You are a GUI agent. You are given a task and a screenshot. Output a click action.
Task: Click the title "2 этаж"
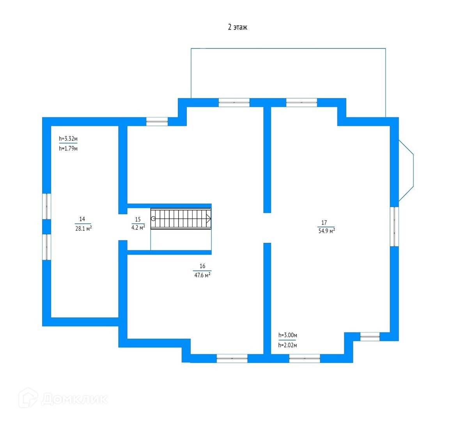click(237, 27)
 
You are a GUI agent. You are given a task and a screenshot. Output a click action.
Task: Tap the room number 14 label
click(82, 219)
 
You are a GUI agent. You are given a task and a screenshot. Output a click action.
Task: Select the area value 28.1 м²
click(83, 229)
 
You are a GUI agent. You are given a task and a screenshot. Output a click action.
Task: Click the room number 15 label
click(138, 219)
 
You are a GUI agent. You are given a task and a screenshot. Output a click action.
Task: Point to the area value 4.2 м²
click(138, 228)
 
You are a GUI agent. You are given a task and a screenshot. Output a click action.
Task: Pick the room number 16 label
click(202, 266)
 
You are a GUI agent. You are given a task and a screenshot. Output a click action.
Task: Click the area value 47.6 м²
click(202, 275)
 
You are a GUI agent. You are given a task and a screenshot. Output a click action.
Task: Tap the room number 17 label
click(324, 223)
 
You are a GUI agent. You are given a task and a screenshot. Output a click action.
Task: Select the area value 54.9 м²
click(326, 231)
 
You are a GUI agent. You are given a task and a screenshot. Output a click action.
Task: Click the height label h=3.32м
click(68, 138)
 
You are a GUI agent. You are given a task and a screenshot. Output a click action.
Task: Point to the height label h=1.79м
click(68, 149)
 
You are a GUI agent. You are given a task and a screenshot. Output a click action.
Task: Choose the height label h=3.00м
click(288, 335)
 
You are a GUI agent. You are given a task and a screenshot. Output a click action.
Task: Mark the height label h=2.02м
click(288, 345)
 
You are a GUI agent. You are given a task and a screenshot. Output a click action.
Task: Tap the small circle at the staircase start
click(153, 219)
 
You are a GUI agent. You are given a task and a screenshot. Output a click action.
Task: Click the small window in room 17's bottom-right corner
click(370, 336)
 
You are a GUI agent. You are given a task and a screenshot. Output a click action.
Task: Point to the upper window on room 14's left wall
click(46, 206)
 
